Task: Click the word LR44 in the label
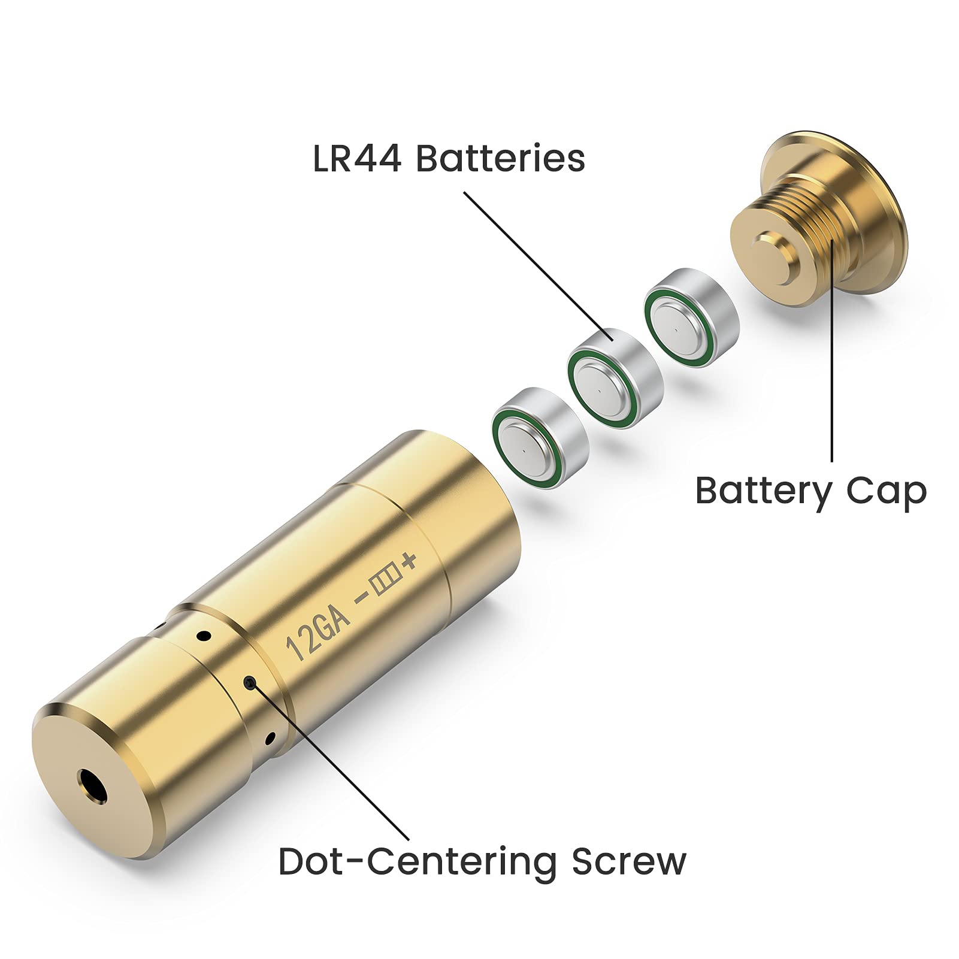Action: click(x=358, y=159)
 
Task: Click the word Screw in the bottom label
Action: click(x=628, y=861)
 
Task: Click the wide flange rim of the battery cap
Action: click(x=881, y=198)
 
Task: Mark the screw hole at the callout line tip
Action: click(x=250, y=682)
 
